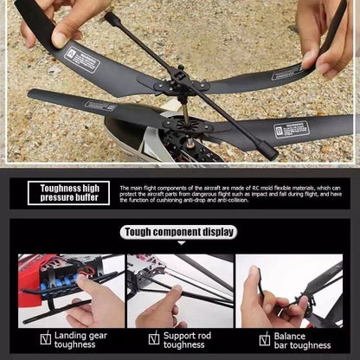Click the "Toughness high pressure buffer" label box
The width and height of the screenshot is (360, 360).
point(69,193)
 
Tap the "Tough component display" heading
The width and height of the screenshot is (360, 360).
point(179,232)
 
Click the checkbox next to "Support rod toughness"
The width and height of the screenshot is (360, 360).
point(154,339)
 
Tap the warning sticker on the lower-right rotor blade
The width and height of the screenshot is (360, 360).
point(292,129)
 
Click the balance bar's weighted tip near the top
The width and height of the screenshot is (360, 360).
point(110,17)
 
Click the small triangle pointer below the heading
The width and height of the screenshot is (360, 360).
point(179,243)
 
